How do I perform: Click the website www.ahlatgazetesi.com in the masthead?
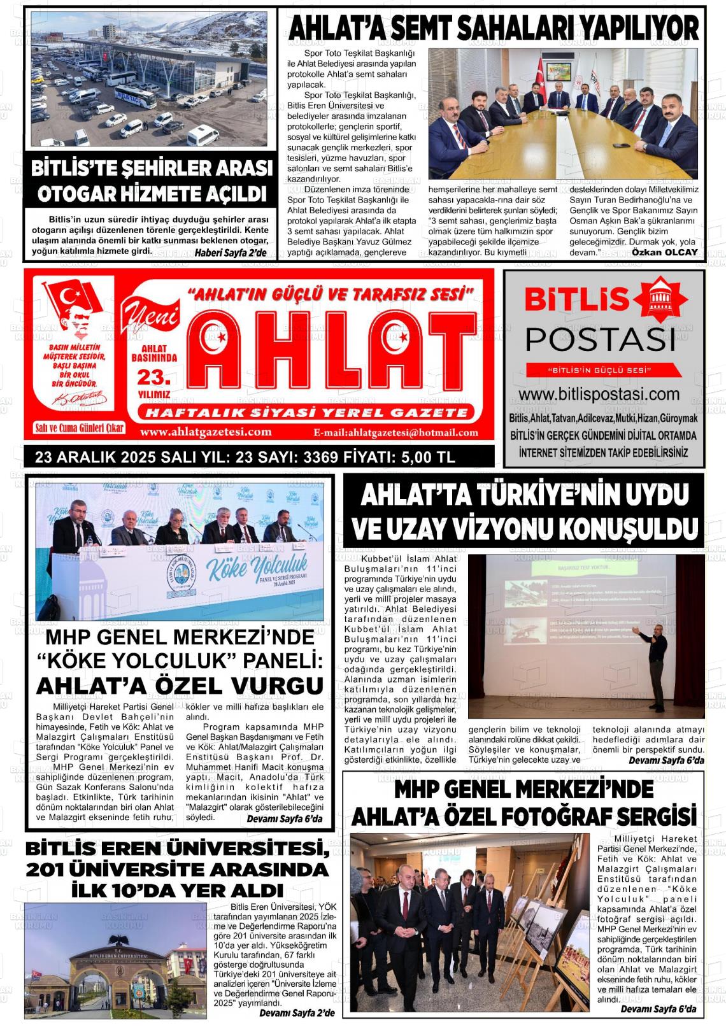pos(206,432)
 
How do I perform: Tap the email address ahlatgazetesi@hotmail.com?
pos(395,433)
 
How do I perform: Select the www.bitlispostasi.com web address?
pos(603,394)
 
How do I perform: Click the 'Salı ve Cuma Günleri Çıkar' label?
pos(80,428)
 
